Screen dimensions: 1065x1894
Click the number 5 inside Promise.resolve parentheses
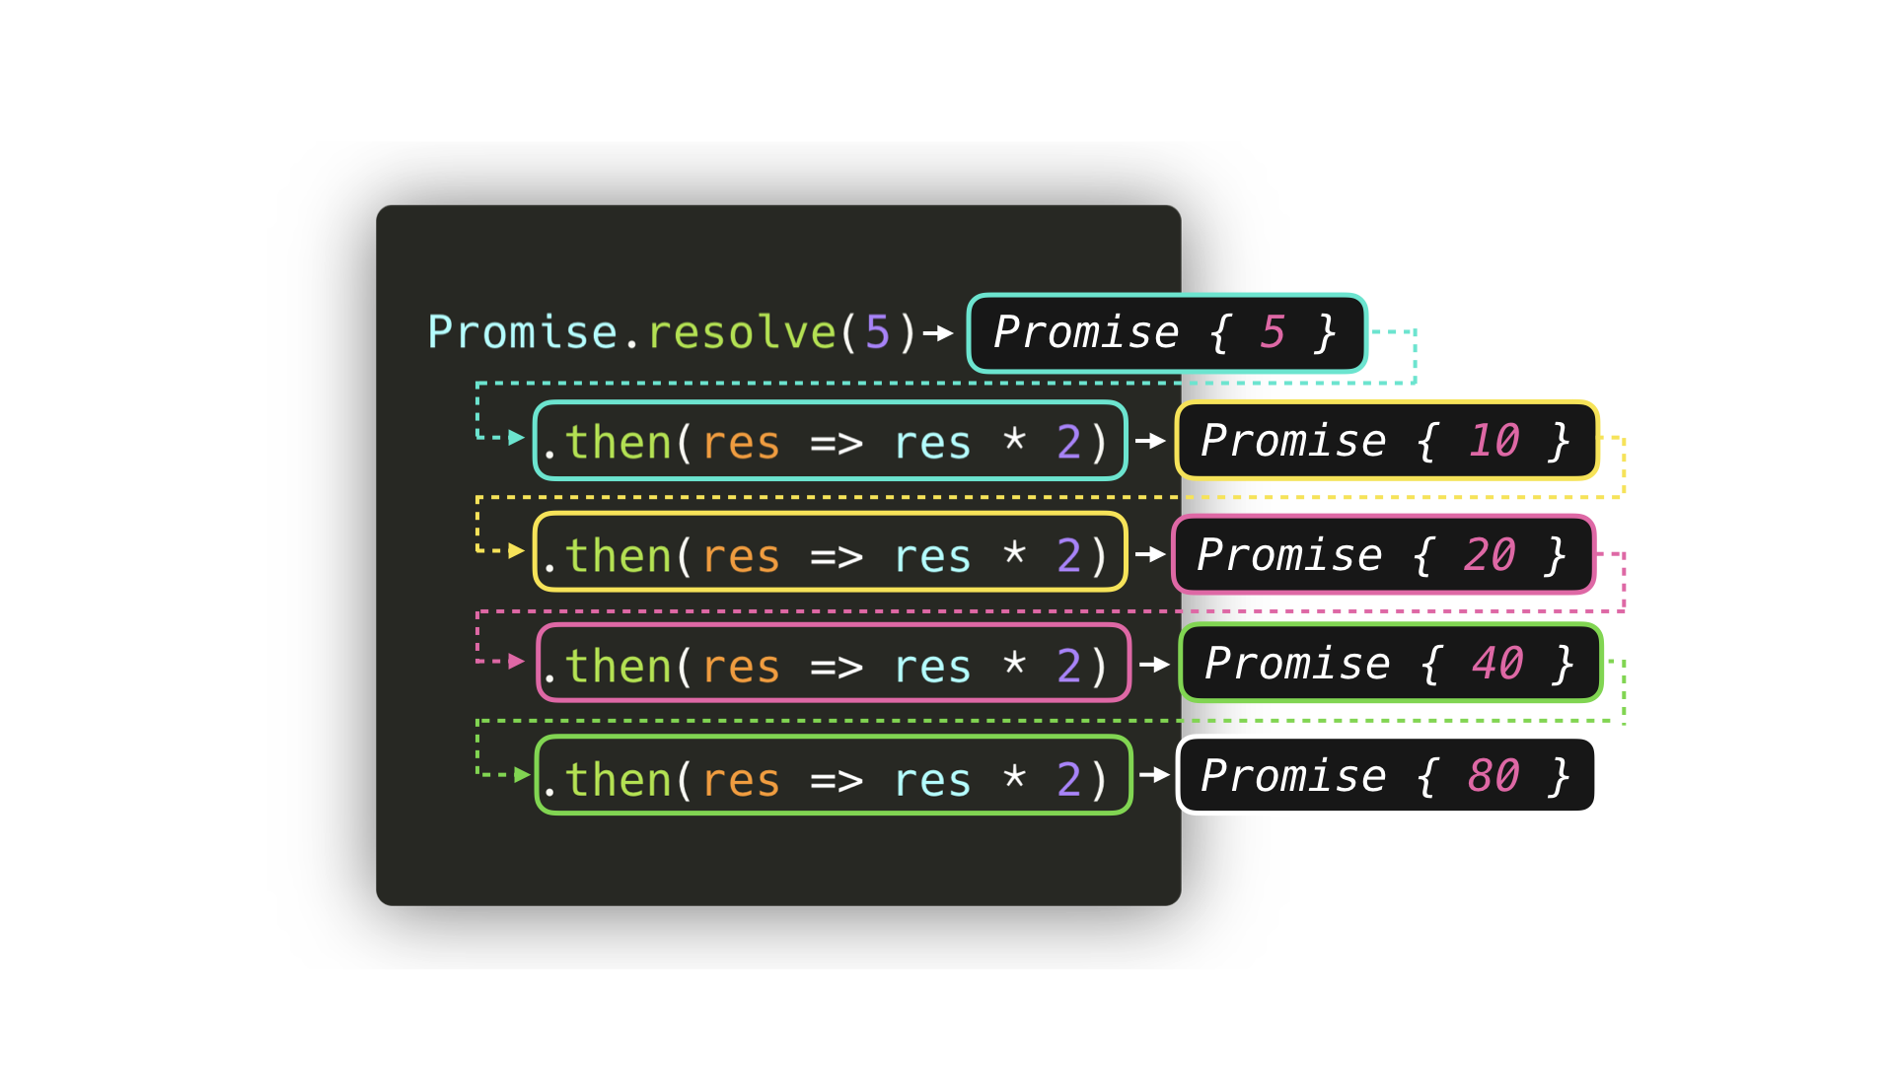click(x=877, y=332)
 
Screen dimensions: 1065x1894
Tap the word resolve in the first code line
click(x=742, y=332)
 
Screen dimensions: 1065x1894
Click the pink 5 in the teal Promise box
click(x=1273, y=332)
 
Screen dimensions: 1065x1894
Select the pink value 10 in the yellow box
click(x=1493, y=441)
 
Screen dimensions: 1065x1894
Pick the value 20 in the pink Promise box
click(x=1490, y=555)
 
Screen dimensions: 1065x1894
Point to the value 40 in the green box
click(x=1497, y=664)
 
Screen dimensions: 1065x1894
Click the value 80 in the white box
click(x=1493, y=776)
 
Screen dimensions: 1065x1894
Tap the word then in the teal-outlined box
click(x=619, y=442)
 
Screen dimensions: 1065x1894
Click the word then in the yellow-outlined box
click(x=619, y=556)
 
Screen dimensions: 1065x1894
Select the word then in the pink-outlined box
click(x=619, y=667)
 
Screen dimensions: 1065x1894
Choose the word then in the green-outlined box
click(x=619, y=780)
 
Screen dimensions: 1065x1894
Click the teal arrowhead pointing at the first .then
click(x=516, y=437)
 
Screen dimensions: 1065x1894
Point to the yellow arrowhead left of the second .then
click(x=516, y=550)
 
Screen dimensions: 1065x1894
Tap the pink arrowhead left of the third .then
click(x=516, y=661)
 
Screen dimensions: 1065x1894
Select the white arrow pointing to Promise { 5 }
click(x=939, y=333)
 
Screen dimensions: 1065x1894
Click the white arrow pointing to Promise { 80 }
click(x=1155, y=775)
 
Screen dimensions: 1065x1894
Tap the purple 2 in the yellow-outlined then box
click(x=1068, y=556)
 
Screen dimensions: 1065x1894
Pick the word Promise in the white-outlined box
click(x=1293, y=776)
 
